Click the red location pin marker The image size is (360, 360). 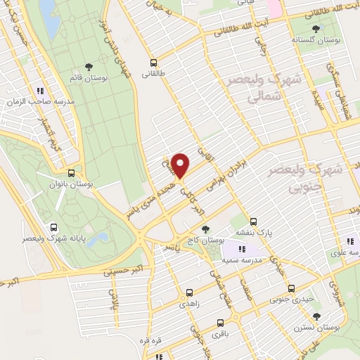coord(181,166)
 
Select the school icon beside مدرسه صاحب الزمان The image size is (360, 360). coord(40,91)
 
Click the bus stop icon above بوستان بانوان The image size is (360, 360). coord(72,173)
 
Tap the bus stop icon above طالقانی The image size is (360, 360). coord(155,62)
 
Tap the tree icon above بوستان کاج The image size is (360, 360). coord(205,229)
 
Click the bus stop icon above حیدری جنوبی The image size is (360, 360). coord(291,288)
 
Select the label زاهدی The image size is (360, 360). coord(190,303)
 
